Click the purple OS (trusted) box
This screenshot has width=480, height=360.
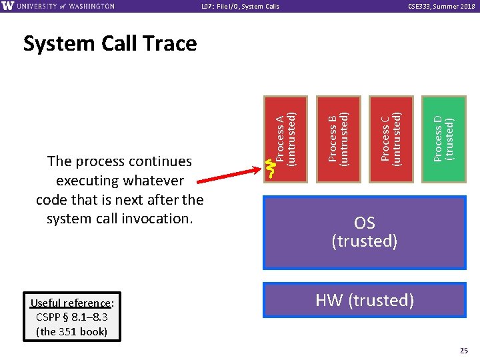tap(364, 232)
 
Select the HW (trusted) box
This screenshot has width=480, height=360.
tap(364, 300)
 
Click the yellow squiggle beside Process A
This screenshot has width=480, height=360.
tap(270, 169)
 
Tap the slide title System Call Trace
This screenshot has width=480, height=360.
tap(110, 44)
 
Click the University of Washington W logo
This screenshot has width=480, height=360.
tap(7, 6)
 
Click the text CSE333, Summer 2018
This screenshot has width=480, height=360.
tap(441, 7)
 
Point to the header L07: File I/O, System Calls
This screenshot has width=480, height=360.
tap(240, 7)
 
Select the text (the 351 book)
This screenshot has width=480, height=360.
tap(72, 331)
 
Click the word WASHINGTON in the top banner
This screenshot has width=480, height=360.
tap(90, 7)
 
